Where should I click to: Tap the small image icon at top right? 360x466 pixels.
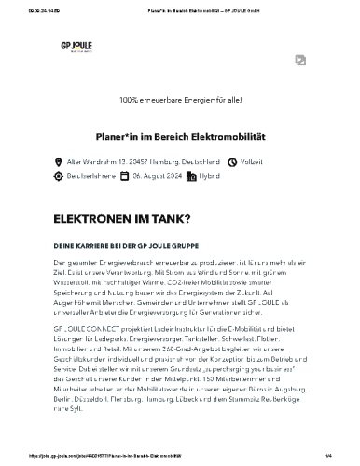(x=300, y=60)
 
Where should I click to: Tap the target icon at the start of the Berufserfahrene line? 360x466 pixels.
(x=58, y=175)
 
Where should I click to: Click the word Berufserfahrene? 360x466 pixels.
(x=90, y=175)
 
